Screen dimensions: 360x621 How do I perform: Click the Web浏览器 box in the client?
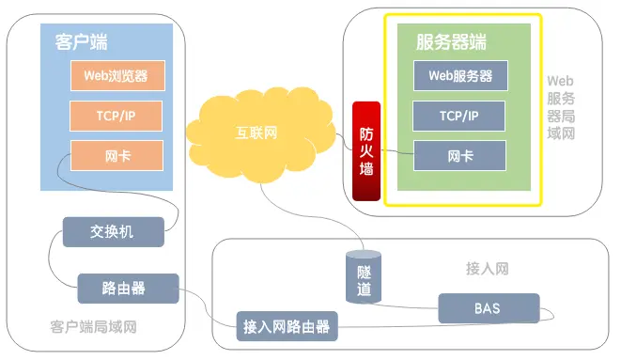116,74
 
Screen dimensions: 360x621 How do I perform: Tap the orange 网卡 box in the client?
116,155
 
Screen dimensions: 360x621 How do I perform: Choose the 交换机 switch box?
113,231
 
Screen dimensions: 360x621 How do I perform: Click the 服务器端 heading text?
452,42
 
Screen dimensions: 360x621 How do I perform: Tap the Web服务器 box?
459,75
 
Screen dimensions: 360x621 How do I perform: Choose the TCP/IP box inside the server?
459,116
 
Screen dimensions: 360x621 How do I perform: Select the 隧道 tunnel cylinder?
364,277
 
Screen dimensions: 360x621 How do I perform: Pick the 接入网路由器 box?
287,327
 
